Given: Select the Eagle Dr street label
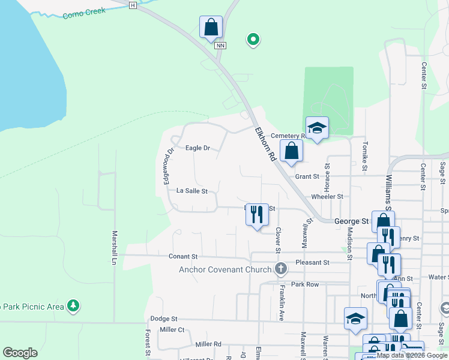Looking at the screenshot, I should coord(197,148).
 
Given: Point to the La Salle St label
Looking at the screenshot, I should coord(191,191).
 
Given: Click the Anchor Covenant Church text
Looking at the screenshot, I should coord(225,269).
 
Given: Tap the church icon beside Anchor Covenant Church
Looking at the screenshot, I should coord(280,269).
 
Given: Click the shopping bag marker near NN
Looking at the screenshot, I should coord(211,27).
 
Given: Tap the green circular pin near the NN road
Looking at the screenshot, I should coord(253,40).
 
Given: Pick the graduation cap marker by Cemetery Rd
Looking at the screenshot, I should coord(317,128).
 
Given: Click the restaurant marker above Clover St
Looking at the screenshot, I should coord(258,214).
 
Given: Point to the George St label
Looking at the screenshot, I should coord(351,221).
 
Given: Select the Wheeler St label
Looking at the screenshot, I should coord(327,196).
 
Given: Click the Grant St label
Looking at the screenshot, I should coord(307,176).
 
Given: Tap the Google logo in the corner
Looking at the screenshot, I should coord(20,353).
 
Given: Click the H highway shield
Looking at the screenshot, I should coord(133,5).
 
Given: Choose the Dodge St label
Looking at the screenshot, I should coord(164,319).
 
